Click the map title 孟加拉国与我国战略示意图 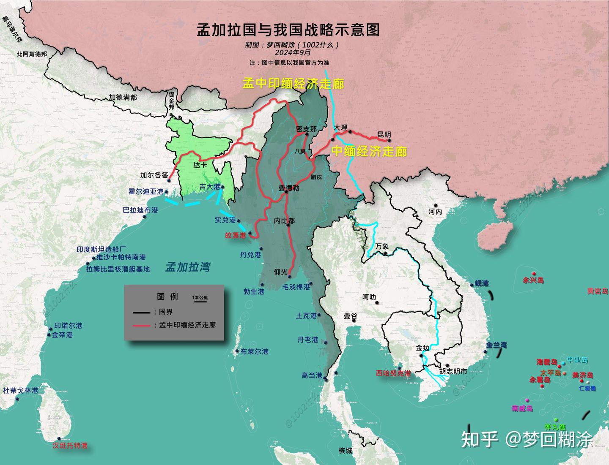(288, 30)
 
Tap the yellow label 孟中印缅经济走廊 (293, 83)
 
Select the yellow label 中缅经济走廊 (369, 151)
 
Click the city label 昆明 (384, 134)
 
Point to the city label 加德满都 (123, 97)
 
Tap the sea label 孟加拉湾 (187, 266)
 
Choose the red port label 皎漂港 (235, 235)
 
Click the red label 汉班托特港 (70, 445)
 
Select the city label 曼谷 (350, 315)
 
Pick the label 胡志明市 (453, 371)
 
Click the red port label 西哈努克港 (393, 373)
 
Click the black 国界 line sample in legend (141, 312)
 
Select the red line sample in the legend (141, 325)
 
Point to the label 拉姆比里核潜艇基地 (118, 269)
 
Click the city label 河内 (435, 211)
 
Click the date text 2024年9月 (293, 53)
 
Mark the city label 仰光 (280, 272)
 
